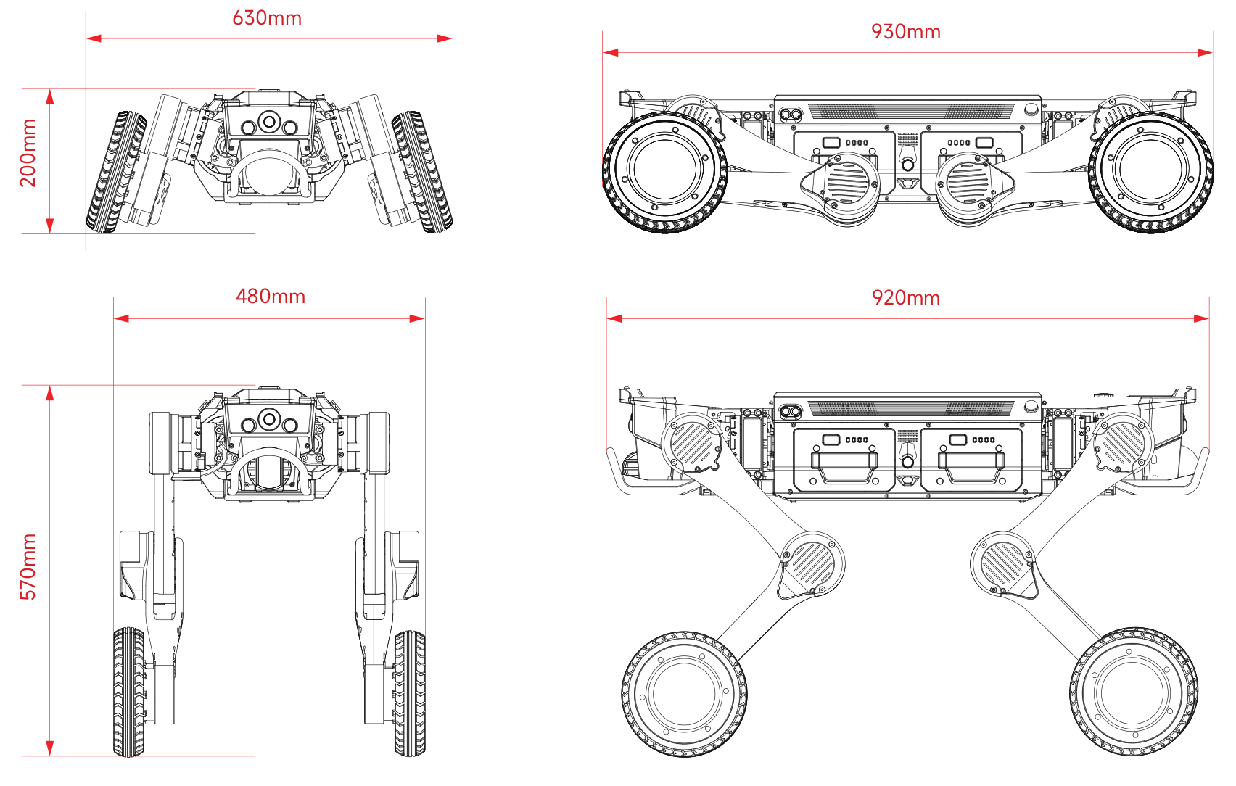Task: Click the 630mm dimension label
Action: click(267, 18)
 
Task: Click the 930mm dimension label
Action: click(905, 32)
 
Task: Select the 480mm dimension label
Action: click(271, 297)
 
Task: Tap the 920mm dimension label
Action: click(905, 298)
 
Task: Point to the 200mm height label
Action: click(28, 153)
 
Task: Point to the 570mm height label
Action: click(28, 567)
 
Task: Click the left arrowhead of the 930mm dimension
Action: click(610, 52)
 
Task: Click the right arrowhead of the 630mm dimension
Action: click(445, 38)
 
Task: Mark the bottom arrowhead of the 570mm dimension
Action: click(50, 748)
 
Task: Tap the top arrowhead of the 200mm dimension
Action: click(50, 96)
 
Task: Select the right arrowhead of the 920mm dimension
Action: click(1202, 318)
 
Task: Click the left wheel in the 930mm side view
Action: click(664, 172)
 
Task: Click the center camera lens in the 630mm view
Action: click(269, 122)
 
